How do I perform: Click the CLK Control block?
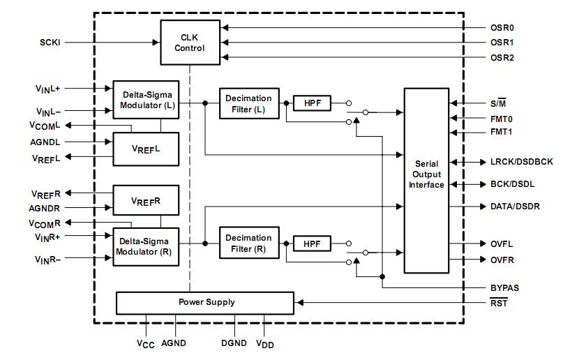pos(190,43)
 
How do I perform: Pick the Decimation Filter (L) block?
pos(248,103)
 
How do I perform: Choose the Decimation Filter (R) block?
pos(248,243)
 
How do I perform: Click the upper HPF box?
pos(312,103)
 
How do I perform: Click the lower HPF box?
pos(312,243)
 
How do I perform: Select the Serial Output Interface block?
pos(426,180)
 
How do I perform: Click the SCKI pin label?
pos(51,43)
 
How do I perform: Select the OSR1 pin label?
pos(502,43)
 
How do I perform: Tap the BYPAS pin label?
pos(504,287)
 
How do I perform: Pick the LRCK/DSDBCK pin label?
pos(521,162)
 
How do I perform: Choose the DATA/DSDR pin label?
pos(515,207)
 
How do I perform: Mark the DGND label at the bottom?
pos(233,343)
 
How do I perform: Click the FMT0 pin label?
pos(502,118)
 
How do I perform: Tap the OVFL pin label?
pos(502,243)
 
